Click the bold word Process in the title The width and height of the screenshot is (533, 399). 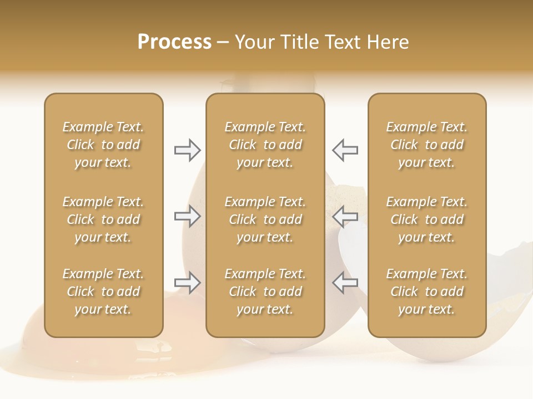tap(174, 42)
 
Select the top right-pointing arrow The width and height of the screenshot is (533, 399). tap(187, 150)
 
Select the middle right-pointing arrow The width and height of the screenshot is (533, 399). tap(187, 216)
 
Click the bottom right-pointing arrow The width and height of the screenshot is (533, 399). tap(187, 283)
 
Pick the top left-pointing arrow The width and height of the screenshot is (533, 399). tap(345, 150)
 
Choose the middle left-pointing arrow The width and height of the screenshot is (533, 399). tap(345, 216)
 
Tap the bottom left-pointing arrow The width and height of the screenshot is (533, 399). tap(345, 283)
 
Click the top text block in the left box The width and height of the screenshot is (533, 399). tap(103, 145)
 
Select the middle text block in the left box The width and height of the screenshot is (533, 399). tap(103, 219)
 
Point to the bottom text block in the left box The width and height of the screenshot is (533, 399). tap(103, 291)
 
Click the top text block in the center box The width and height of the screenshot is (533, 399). tap(265, 145)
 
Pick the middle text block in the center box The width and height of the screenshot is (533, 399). tap(265, 219)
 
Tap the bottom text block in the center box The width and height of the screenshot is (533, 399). tap(265, 291)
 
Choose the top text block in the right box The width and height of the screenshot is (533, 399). tap(426, 145)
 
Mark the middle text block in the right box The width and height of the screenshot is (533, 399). tap(426, 219)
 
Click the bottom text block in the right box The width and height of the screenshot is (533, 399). tap(426, 291)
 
